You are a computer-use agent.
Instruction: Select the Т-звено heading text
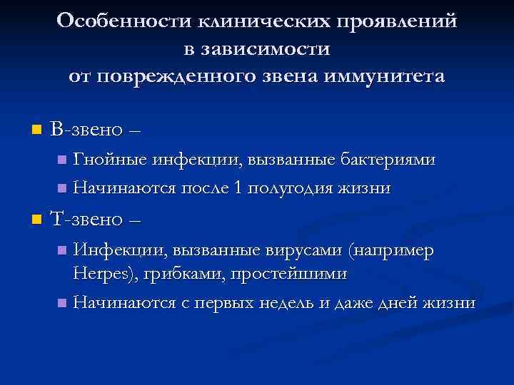(x=89, y=220)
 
